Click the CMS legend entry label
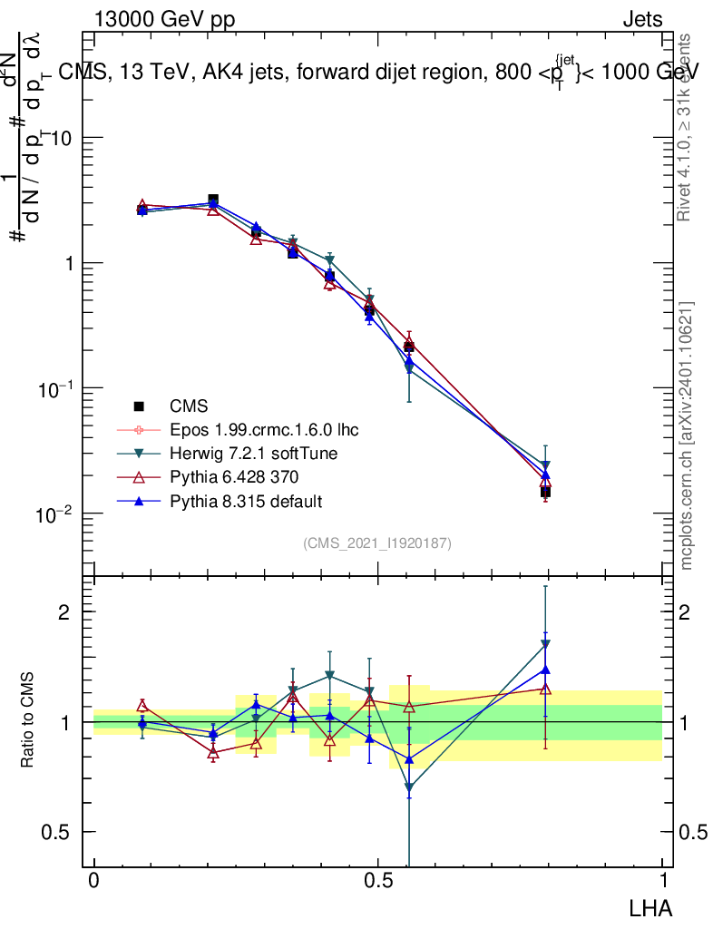coord(189,406)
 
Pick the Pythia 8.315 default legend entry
coord(246,501)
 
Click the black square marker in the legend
coord(139,406)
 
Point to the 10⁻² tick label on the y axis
coord(56,513)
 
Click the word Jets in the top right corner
coord(641,19)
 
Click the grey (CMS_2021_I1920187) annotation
coord(377,543)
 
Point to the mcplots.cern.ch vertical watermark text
coord(687,435)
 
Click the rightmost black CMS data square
coord(545,492)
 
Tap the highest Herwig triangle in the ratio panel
coord(545,645)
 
